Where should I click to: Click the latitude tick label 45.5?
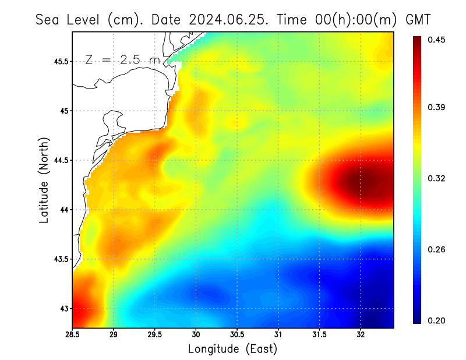click(60, 61)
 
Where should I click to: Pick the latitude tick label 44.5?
click(60, 160)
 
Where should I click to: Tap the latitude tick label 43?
click(63, 308)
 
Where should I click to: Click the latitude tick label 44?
click(63, 210)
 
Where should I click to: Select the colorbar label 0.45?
click(437, 40)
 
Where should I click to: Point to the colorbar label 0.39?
click(437, 107)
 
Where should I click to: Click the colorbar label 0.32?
click(437, 178)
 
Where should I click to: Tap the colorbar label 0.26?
click(437, 249)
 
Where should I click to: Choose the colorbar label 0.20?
click(437, 320)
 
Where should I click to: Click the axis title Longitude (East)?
click(232, 349)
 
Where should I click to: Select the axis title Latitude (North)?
click(44, 180)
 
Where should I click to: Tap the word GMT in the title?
click(418, 20)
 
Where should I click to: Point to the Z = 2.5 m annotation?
click(122, 59)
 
